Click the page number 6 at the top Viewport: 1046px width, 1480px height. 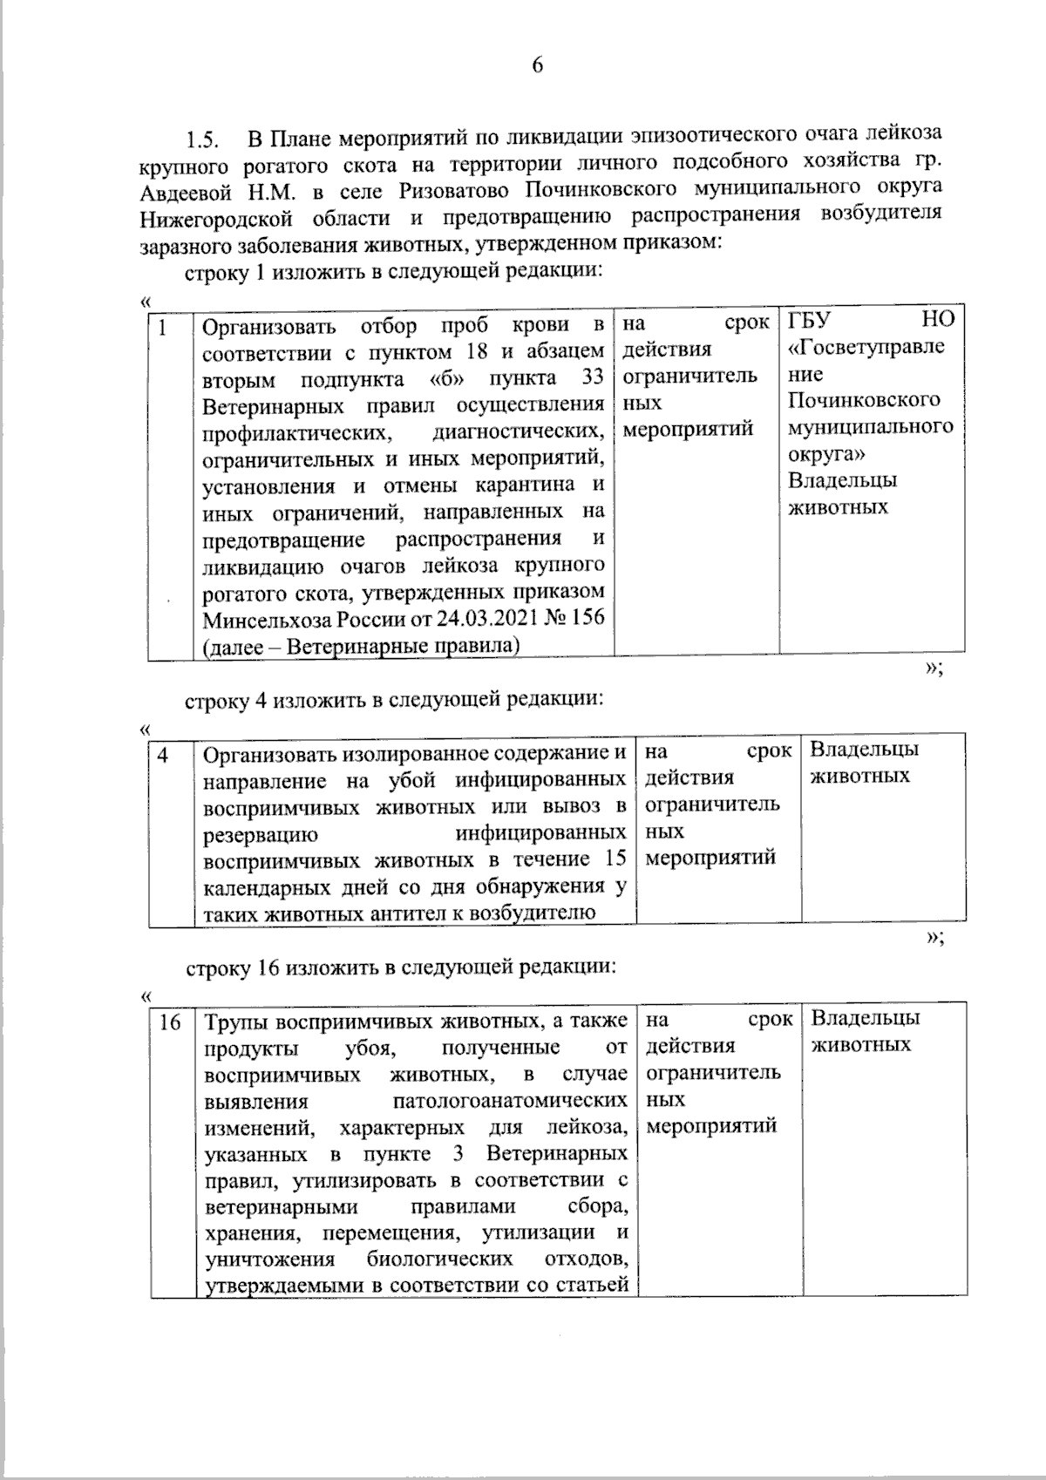(537, 65)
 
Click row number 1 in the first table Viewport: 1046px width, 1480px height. (163, 326)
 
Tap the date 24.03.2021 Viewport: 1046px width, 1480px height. (497, 619)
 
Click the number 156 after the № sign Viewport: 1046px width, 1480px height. (588, 619)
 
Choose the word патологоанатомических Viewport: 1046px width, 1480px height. (510, 1101)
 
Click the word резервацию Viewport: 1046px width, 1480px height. (260, 833)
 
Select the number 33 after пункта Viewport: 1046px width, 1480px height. (592, 379)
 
